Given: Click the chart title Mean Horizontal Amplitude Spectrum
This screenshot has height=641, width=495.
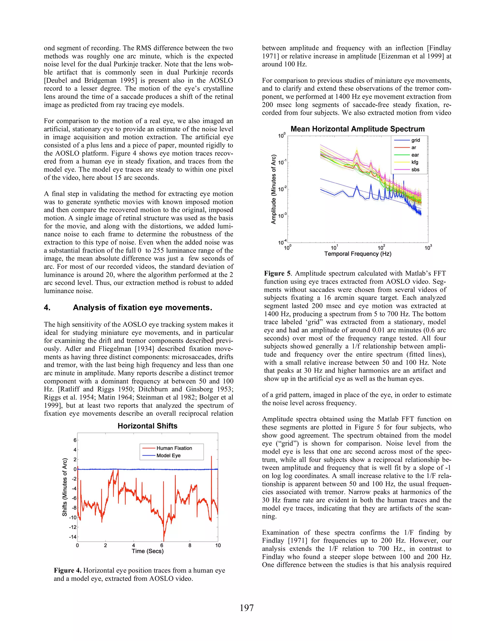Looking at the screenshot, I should click(357, 129).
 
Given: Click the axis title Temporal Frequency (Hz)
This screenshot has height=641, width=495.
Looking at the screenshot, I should click(357, 254).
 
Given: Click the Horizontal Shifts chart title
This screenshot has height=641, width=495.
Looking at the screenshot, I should click(147, 426).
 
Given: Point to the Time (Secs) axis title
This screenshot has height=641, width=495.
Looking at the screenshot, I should click(147, 551).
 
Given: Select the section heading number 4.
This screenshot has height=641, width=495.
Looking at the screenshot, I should click(47, 308).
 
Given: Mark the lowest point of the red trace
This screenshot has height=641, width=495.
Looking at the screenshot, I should click(164, 541).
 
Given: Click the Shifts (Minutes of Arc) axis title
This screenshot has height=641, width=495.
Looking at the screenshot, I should click(65, 487).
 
